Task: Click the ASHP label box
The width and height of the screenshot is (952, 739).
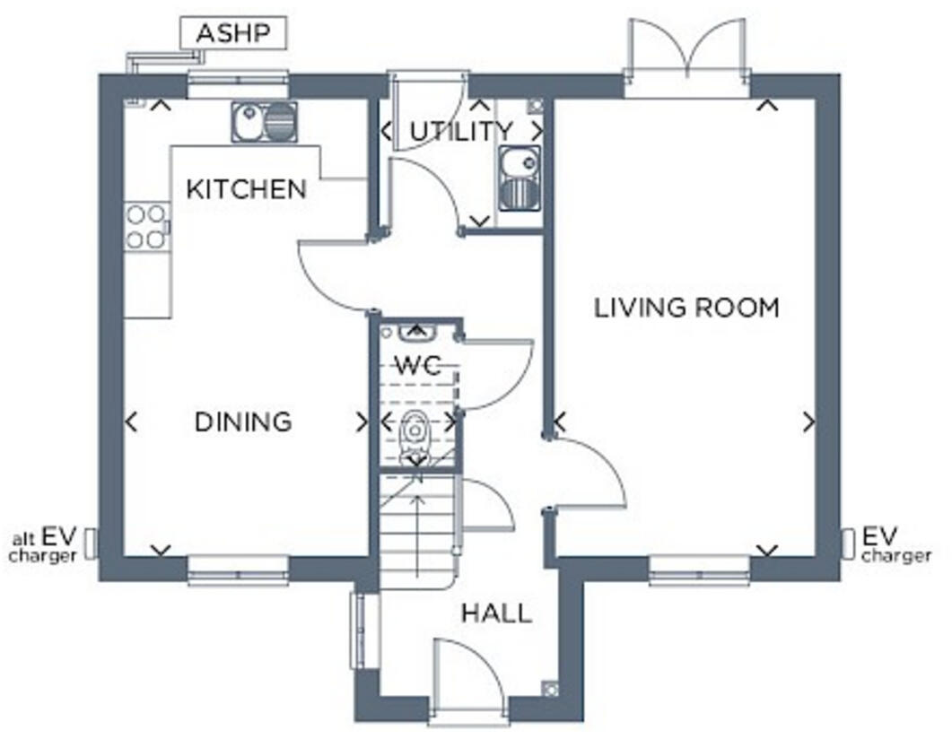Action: (233, 35)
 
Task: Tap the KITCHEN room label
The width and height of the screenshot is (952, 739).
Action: (246, 189)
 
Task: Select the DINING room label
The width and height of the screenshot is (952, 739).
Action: (243, 422)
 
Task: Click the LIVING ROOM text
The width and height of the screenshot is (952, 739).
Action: (686, 308)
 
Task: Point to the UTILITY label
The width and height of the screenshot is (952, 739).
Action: (461, 131)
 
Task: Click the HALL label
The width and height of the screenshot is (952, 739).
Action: (496, 613)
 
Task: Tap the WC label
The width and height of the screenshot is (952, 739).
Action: (418, 366)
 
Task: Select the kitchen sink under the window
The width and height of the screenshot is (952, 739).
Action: (264, 121)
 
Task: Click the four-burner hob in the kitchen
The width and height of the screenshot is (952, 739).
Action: (146, 226)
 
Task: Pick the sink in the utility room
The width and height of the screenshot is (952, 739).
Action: (520, 178)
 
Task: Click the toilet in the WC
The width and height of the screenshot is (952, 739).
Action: (415, 435)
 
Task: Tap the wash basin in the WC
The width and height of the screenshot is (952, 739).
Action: (415, 335)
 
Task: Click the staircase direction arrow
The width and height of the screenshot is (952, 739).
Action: (416, 529)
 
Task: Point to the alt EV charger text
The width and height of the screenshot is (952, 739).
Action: (43, 547)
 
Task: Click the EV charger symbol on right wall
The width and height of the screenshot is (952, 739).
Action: (848, 543)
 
